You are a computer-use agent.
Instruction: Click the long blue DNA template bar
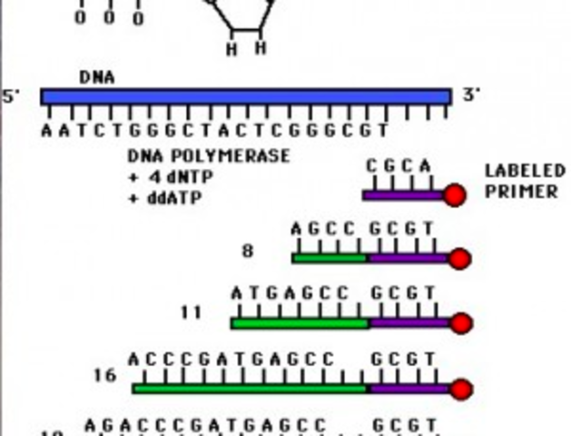pyautogui.click(x=245, y=96)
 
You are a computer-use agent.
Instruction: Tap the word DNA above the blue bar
pyautogui.click(x=96, y=77)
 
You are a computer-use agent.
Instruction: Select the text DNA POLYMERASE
pyautogui.click(x=209, y=156)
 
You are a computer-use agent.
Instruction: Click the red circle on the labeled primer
pyautogui.click(x=454, y=194)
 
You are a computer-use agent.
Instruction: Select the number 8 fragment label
pyautogui.click(x=247, y=251)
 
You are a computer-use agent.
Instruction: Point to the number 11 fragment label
pyautogui.click(x=192, y=313)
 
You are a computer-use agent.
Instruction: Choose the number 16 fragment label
pyautogui.click(x=106, y=374)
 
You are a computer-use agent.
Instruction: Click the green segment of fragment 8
pyautogui.click(x=330, y=258)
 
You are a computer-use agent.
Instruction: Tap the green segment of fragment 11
pyautogui.click(x=300, y=322)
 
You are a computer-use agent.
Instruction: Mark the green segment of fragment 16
pyautogui.click(x=250, y=388)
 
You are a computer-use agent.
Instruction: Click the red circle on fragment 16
pyautogui.click(x=461, y=389)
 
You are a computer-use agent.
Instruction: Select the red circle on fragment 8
pyautogui.click(x=459, y=259)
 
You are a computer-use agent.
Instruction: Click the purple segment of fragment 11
pyautogui.click(x=409, y=322)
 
